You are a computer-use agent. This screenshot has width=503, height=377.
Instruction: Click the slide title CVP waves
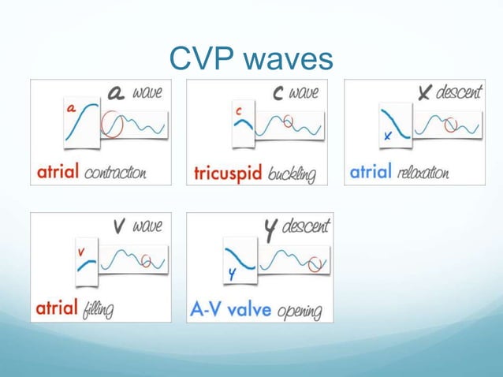coord(251,58)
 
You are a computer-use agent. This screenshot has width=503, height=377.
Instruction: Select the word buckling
coord(292,174)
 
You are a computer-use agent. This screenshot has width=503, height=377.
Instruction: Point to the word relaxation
coord(423,173)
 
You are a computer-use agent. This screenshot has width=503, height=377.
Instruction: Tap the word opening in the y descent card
coord(299,311)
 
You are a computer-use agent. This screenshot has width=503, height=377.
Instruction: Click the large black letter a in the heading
coord(117,94)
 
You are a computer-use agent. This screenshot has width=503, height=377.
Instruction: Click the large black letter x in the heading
coord(425,94)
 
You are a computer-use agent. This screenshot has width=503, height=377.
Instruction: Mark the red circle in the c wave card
coord(289,121)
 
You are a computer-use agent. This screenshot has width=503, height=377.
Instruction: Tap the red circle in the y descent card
coord(316,263)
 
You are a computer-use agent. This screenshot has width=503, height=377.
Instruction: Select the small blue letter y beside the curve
coord(232,274)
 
